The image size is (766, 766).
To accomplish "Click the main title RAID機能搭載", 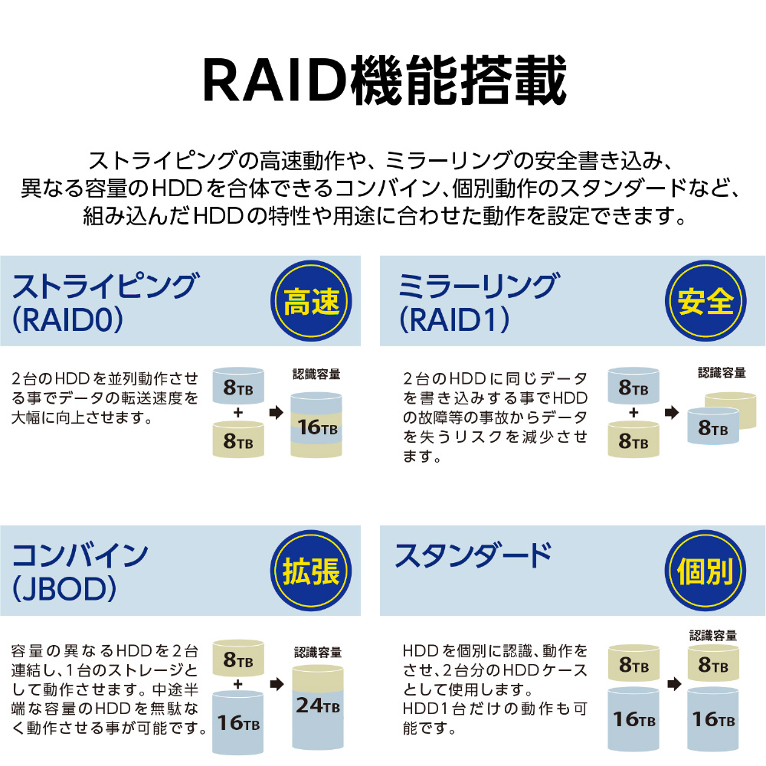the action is coord(385,80).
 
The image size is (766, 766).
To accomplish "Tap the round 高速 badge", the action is coord(311,301).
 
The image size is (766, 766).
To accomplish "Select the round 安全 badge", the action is coord(705,301).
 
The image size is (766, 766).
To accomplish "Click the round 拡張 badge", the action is coord(311,571).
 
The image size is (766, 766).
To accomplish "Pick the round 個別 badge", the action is coord(705,571).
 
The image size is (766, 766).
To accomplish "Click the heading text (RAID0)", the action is coord(67,320).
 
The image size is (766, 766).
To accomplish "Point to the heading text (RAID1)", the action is coord(454,320).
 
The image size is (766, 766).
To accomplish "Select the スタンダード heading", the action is coord(473,556).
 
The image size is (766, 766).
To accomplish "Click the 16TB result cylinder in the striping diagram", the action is coord(316,425).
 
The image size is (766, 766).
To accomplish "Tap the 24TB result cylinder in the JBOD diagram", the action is coord(318,708).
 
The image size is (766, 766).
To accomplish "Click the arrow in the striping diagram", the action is coord(277,412).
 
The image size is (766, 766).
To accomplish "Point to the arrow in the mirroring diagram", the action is coord(672,412).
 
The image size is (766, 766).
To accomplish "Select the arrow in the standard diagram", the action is coord(674,684).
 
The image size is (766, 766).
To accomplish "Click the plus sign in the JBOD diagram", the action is coord(238,684).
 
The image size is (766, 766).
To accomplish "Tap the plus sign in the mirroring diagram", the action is coord(633,412).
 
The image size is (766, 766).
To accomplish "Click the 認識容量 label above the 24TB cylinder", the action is coord(318,652).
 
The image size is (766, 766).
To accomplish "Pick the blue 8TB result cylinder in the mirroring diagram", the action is coord(712,427).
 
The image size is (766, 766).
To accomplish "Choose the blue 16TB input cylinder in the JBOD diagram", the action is coord(238,722).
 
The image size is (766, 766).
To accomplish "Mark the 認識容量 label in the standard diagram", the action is coord(713,635).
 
